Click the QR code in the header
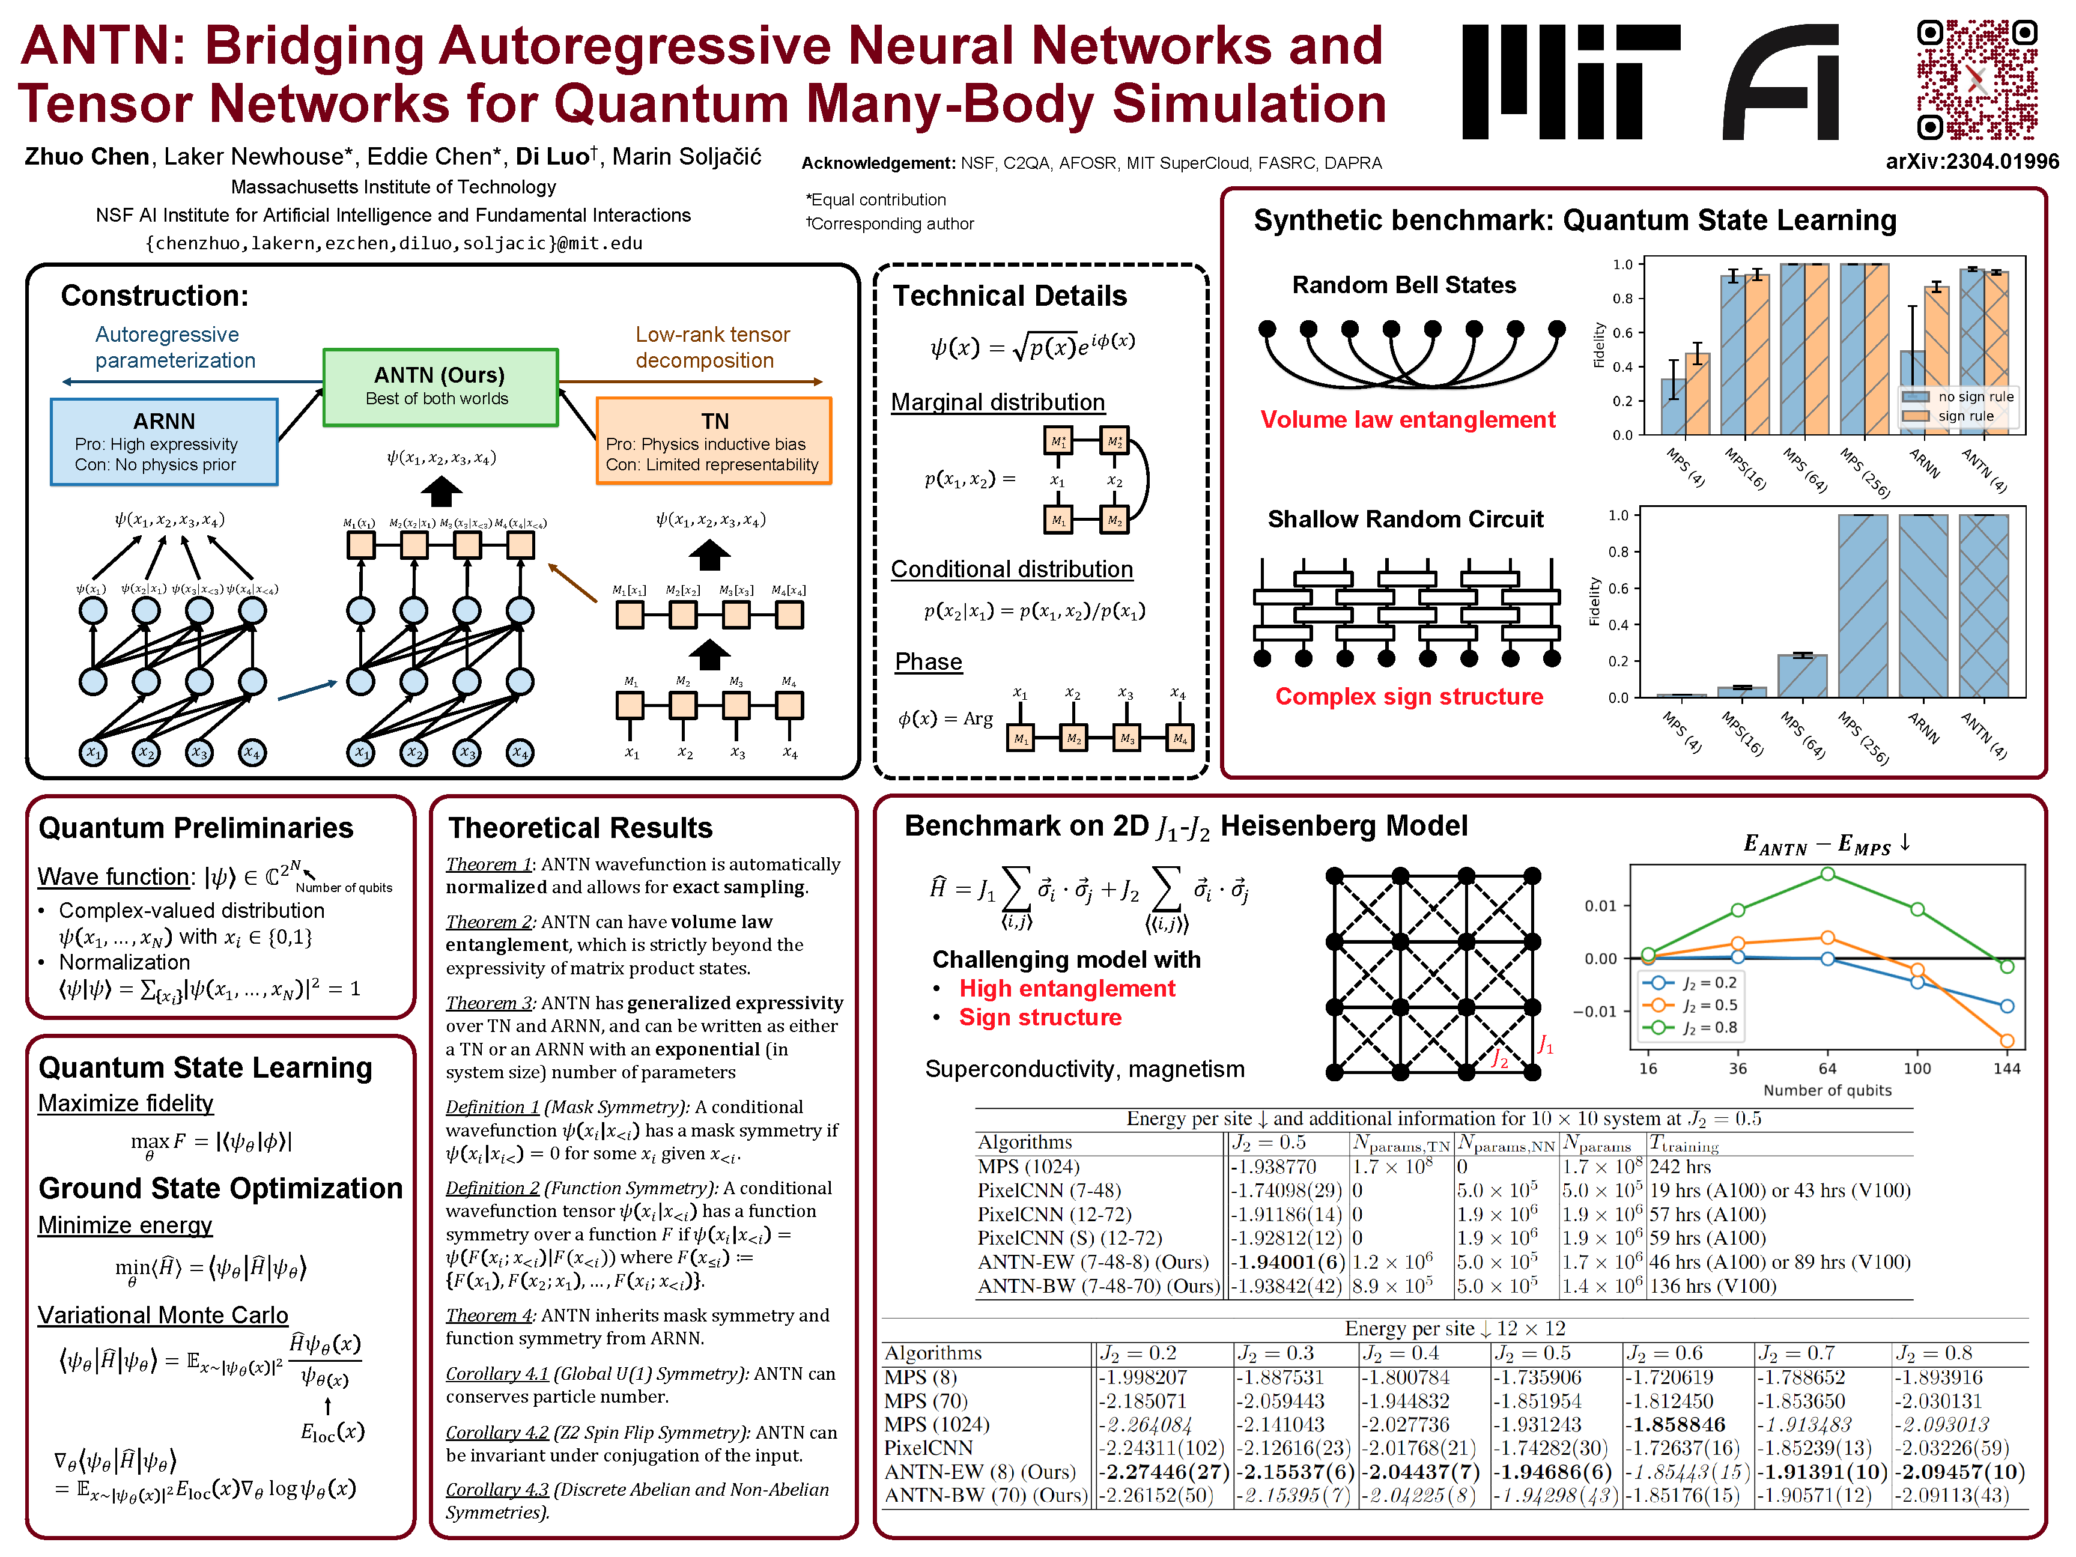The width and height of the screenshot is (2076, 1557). (1976, 80)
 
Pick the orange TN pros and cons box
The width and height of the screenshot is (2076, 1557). (713, 441)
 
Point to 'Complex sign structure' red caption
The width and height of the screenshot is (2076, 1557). (1408, 696)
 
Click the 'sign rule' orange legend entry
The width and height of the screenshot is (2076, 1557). (1965, 416)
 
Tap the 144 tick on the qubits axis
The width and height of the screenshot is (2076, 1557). (2006, 1068)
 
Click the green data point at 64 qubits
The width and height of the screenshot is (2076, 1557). (1827, 874)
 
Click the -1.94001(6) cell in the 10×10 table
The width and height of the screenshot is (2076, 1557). (1288, 1262)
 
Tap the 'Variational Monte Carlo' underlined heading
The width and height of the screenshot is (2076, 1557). (162, 1315)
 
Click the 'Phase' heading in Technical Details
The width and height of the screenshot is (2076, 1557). (928, 661)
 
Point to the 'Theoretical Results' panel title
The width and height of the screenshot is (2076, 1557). (580, 828)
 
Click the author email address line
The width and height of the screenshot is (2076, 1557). (393, 243)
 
